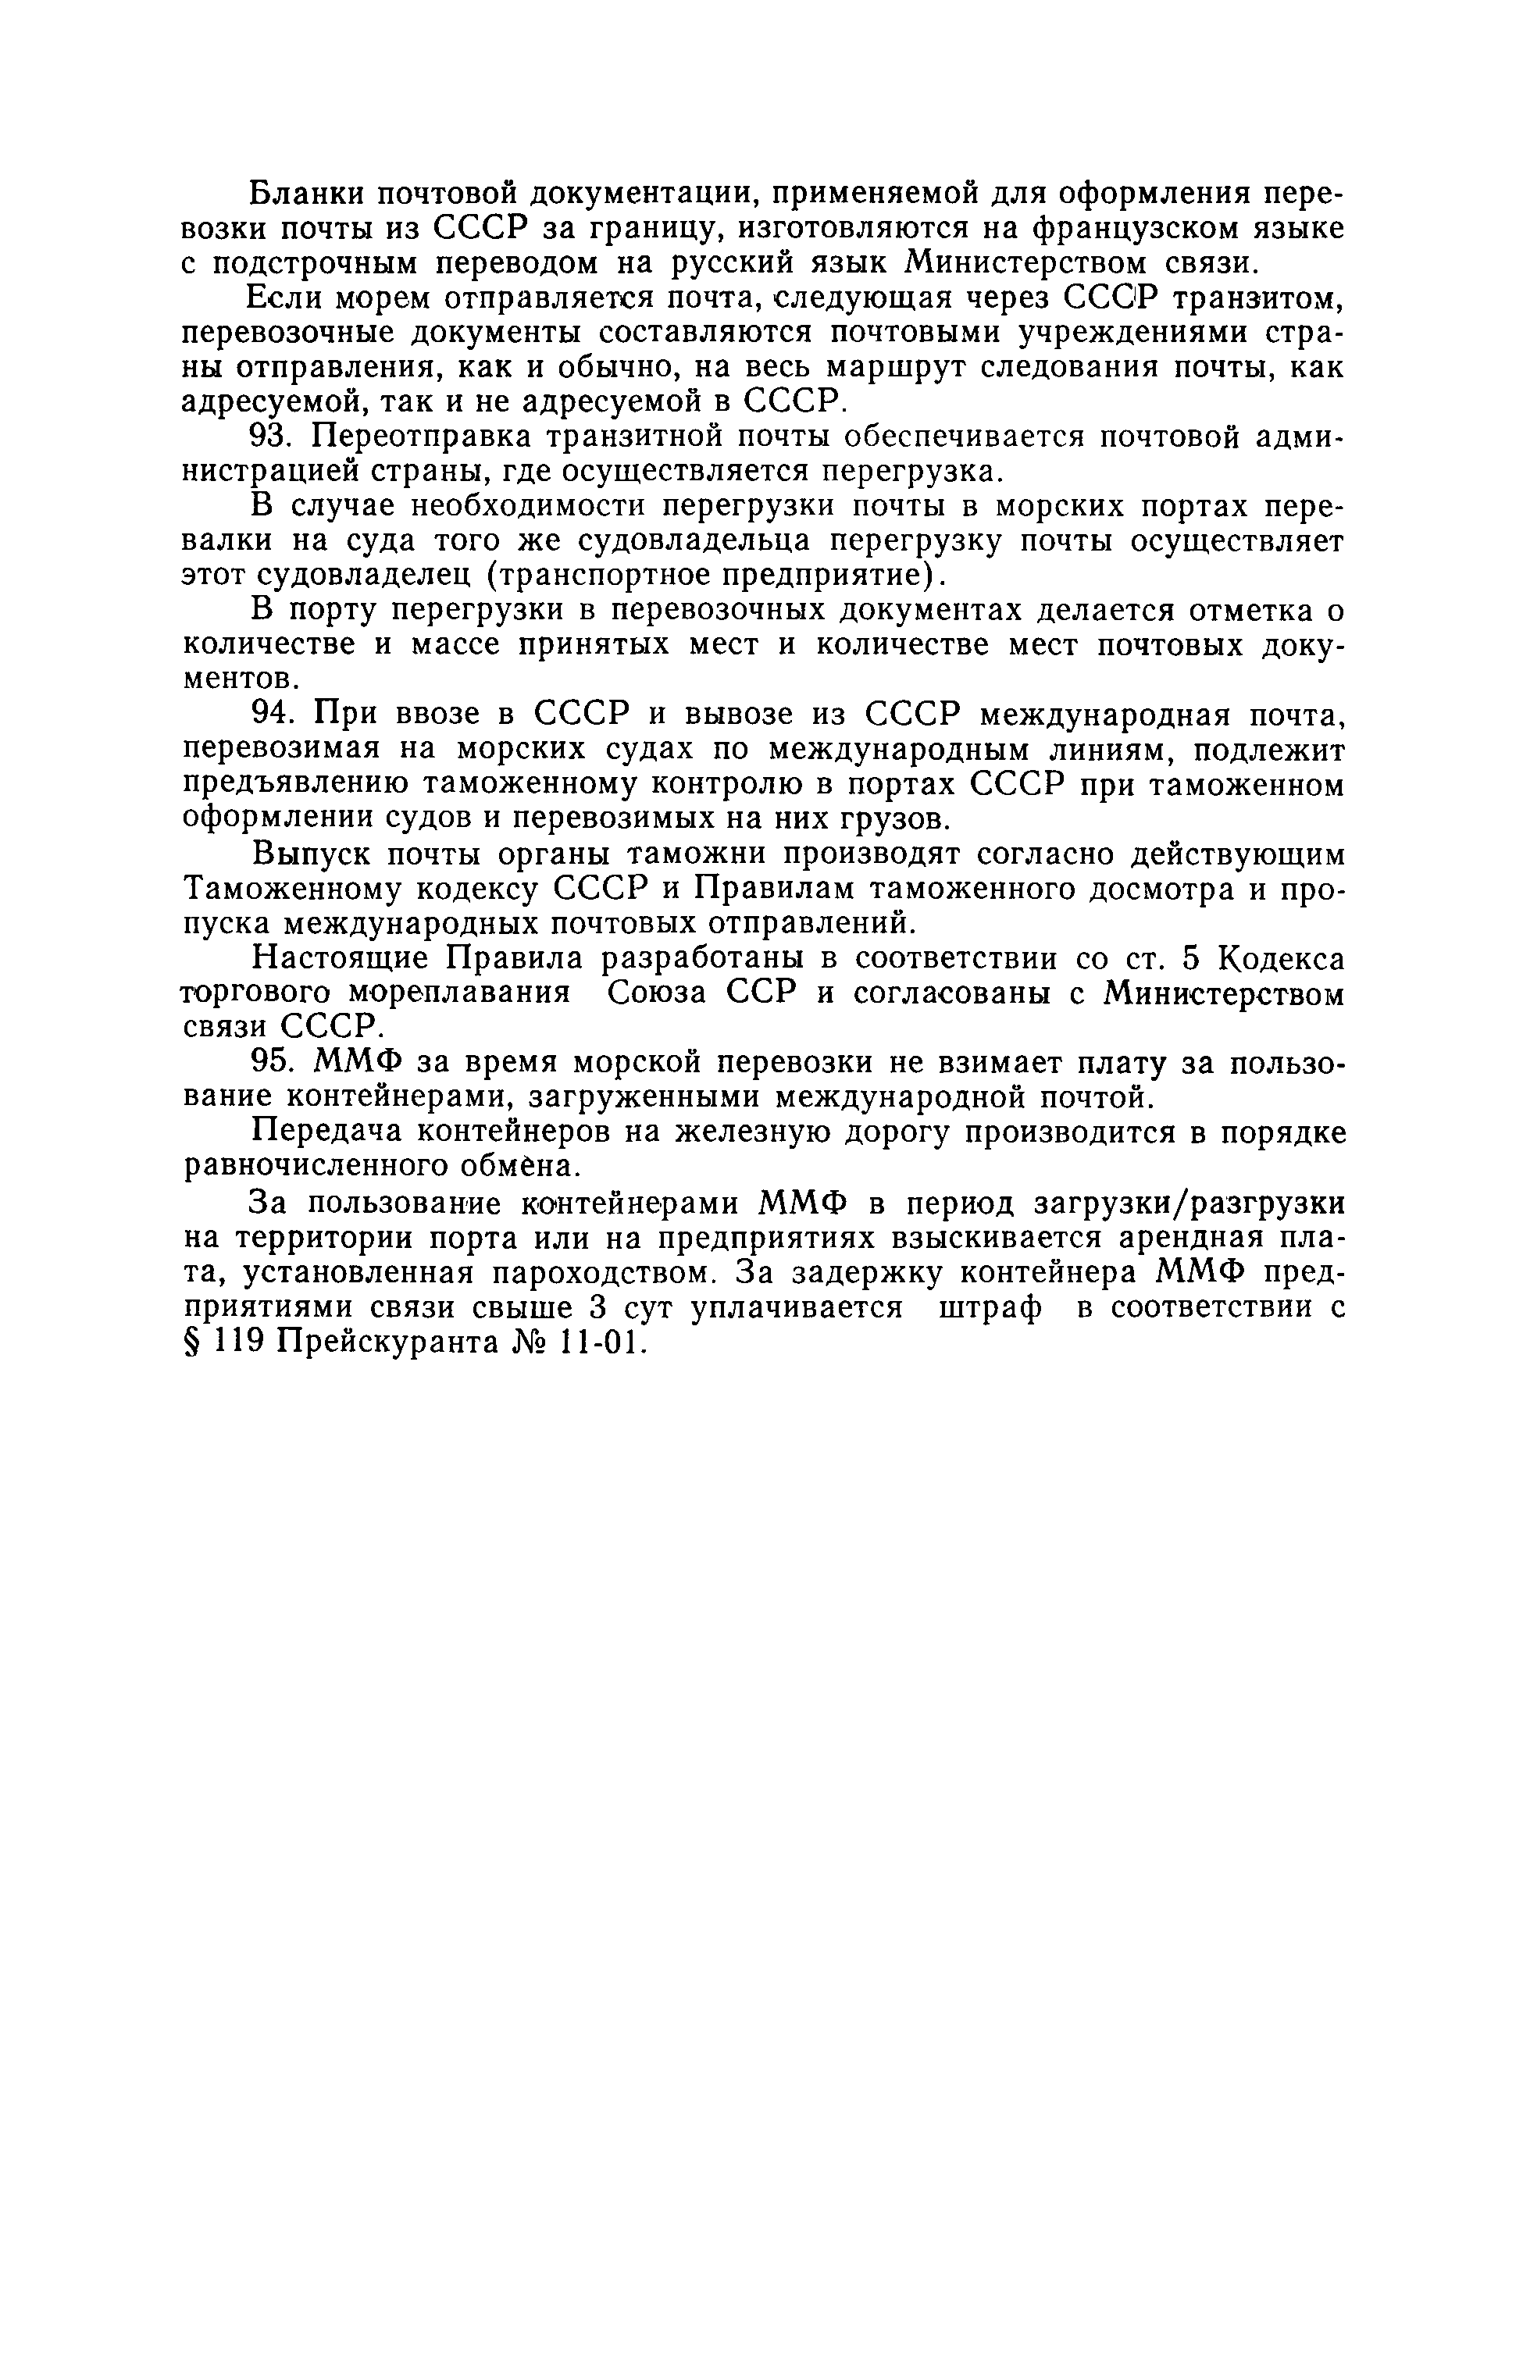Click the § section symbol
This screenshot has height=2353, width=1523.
point(194,1343)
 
